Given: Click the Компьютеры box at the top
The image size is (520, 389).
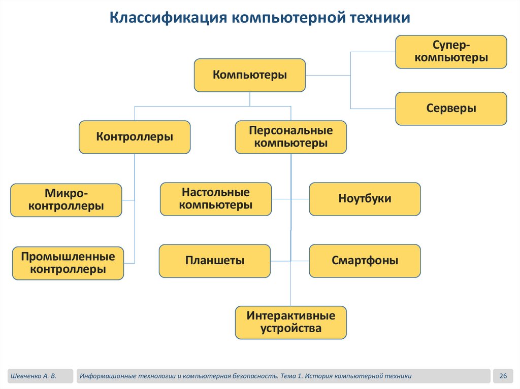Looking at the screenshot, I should pos(250,75).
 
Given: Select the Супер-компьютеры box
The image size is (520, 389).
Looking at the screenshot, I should pos(451,52).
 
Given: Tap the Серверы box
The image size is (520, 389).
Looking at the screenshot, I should pos(451,109).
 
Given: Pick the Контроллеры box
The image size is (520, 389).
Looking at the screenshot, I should pos(135,137).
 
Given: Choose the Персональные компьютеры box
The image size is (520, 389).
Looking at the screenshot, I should pos(290,137).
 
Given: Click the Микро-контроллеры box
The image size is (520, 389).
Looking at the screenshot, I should pos(66,200).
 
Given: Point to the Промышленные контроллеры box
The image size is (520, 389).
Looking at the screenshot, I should pos(68,263).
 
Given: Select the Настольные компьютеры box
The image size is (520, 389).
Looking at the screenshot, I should pos(216,199).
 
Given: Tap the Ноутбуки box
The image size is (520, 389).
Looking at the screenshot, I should pos(365,199).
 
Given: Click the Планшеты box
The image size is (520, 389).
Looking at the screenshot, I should pos(215,261).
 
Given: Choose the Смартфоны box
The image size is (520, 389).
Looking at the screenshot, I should pos(365,261).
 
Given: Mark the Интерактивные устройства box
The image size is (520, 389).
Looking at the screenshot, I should pos(290,322).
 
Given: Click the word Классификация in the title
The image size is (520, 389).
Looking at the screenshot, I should pos(168,18).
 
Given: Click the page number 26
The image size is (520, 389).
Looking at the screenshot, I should pos(503,376).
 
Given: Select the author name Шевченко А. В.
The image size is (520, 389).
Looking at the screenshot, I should pos(32,376).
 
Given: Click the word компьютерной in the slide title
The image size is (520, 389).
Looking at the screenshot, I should pos(290,18).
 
